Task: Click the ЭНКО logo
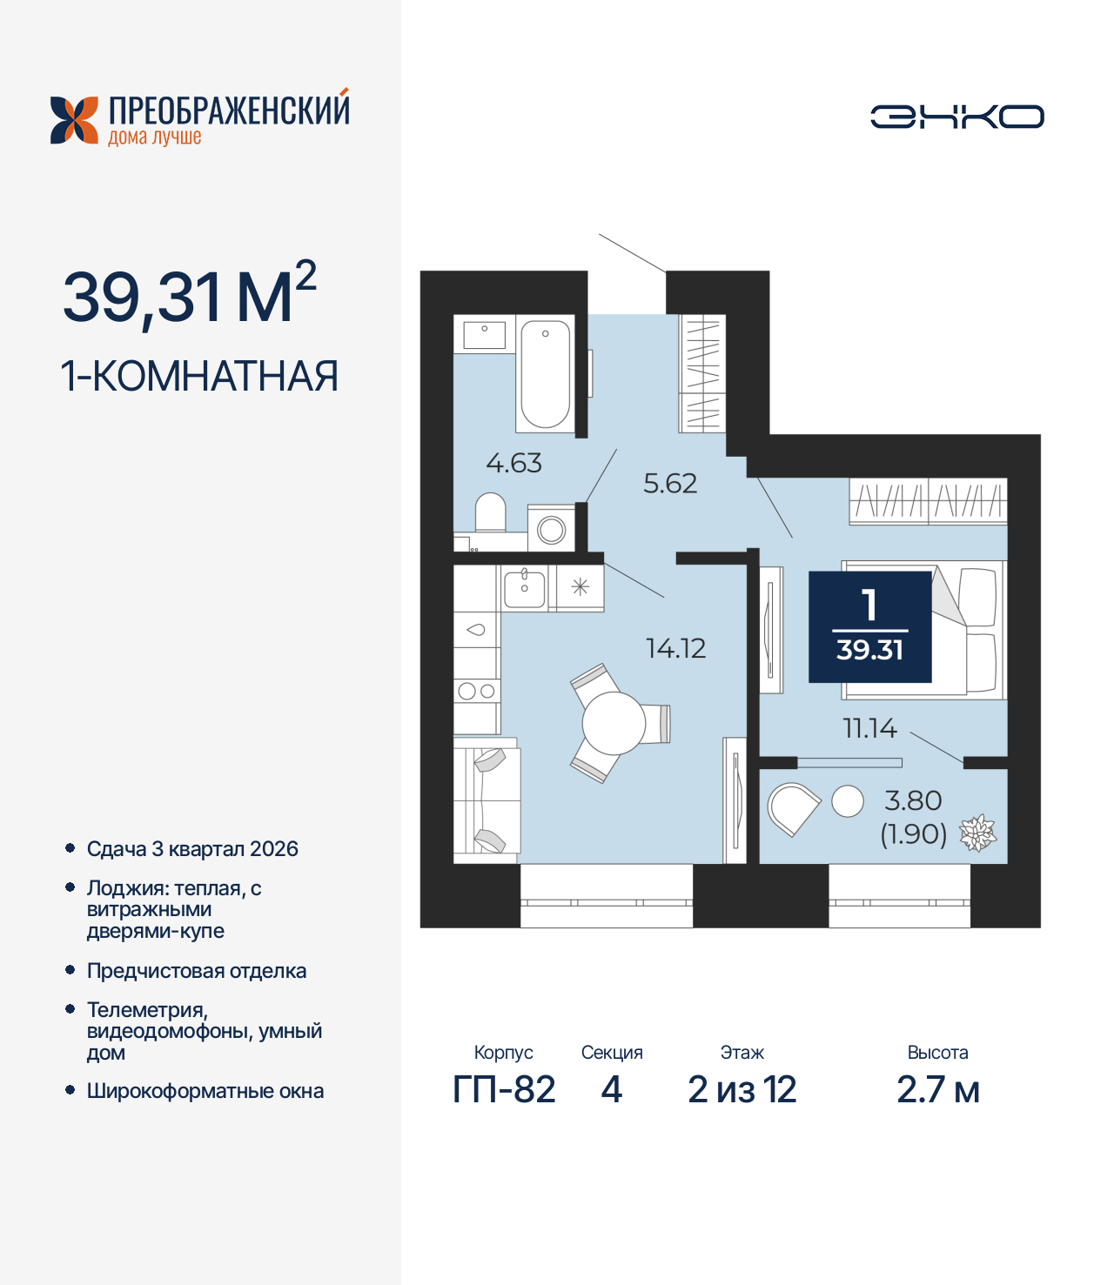pos(956,117)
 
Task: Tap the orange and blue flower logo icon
pos(74,120)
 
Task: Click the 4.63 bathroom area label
pos(513,463)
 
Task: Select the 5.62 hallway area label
pos(670,484)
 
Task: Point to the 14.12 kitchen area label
pos(675,648)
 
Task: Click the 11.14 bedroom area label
pos(869,728)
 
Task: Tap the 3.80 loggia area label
pos(913,800)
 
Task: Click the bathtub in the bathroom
pos(546,373)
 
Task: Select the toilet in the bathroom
pos(491,513)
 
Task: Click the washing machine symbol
pos(552,529)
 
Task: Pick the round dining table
pos(614,723)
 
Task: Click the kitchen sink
pos(525,587)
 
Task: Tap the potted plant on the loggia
pos(977,833)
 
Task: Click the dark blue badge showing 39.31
pos(869,626)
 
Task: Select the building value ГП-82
pos(504,1089)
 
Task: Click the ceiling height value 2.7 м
pos(937,1089)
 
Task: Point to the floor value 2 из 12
pos(742,1089)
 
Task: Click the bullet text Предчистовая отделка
pos(197,971)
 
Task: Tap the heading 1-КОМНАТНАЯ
pos(199,377)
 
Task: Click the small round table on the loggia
pos(848,801)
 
